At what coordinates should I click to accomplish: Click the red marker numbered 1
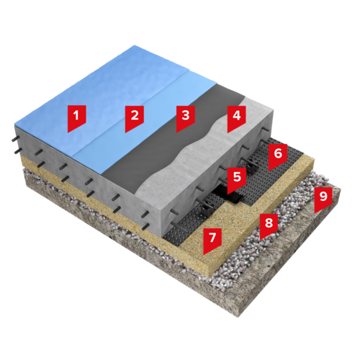[x=76, y=117]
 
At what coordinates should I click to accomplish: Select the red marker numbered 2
[x=135, y=117]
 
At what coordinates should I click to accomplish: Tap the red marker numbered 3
[x=186, y=117]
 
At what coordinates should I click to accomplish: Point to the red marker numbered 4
[x=236, y=117]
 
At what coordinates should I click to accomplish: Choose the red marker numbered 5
[x=237, y=179]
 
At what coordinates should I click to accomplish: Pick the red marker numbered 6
[x=278, y=155]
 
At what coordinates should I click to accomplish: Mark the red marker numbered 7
[x=212, y=240]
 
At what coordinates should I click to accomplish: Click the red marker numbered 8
[x=269, y=225]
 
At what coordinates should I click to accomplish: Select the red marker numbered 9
[x=323, y=199]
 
